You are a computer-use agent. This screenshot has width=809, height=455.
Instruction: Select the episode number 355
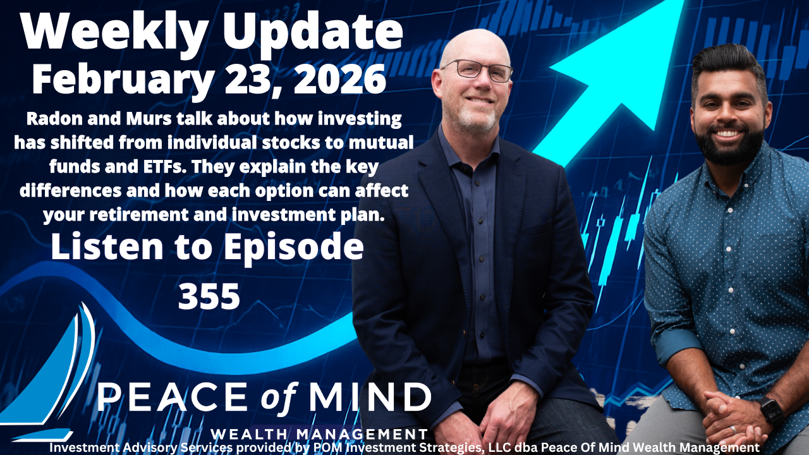click(209, 296)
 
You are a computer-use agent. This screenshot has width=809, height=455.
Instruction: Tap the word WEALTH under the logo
click(252, 435)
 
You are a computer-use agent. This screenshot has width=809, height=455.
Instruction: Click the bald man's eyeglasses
click(478, 70)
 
